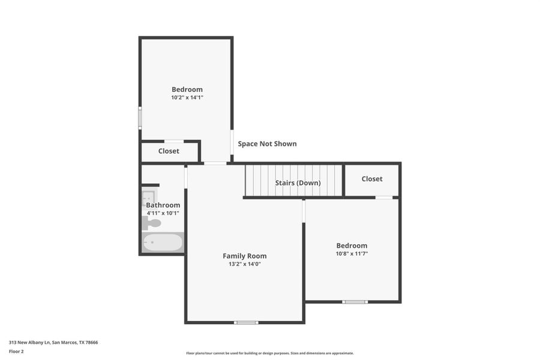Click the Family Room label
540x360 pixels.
244,256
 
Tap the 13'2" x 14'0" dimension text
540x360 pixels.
244,264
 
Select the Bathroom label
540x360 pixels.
163,205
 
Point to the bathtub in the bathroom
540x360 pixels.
163,242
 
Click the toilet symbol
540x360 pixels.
152,223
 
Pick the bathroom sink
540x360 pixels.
148,196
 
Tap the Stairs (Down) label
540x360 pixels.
298,183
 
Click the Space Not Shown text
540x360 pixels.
267,144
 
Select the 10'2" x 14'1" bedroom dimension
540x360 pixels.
187,97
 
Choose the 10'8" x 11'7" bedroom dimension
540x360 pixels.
352,254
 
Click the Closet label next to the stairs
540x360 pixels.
372,179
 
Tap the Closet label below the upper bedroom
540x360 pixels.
169,151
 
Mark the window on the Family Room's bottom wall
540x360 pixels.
246,323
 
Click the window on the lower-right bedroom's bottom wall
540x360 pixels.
355,302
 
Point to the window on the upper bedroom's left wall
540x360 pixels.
140,118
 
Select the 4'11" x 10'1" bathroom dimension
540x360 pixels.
163,213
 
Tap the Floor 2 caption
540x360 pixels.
16,351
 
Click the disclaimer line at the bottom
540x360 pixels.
269,353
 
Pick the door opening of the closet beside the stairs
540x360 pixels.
384,197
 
